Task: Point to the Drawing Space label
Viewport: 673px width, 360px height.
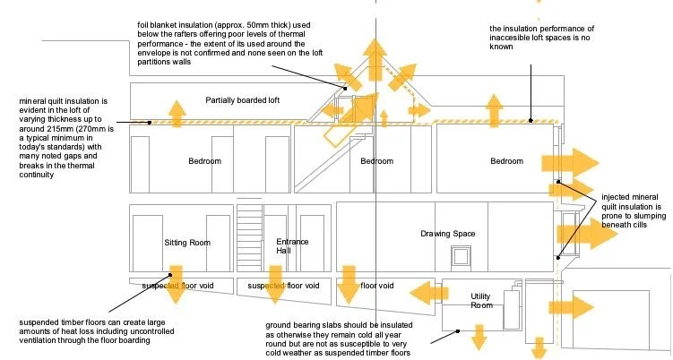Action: tap(447, 234)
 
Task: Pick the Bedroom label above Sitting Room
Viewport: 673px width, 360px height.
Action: tap(204, 161)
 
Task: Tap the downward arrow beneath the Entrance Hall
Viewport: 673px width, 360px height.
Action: tap(274, 286)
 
